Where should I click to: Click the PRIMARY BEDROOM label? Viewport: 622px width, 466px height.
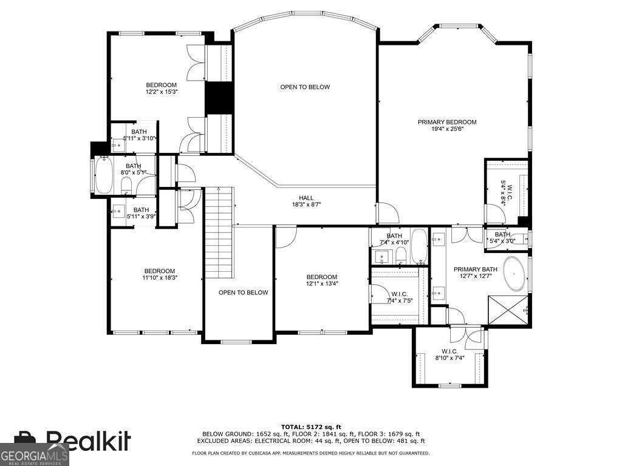pyautogui.click(x=446, y=122)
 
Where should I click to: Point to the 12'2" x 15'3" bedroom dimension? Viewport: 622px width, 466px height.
pyautogui.click(x=161, y=92)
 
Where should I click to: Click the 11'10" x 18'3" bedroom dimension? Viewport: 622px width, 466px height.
pyautogui.click(x=160, y=278)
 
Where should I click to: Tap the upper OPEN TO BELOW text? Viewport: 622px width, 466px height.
pyautogui.click(x=305, y=87)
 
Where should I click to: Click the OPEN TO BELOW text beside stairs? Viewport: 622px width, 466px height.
pyautogui.click(x=243, y=292)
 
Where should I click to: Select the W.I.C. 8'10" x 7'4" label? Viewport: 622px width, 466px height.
pyautogui.click(x=449, y=355)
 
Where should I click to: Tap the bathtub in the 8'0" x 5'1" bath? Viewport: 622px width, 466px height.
pyautogui.click(x=104, y=175)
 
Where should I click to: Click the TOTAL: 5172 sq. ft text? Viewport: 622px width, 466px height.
pyautogui.click(x=310, y=427)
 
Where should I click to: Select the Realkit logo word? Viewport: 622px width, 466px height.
pyautogui.click(x=88, y=441)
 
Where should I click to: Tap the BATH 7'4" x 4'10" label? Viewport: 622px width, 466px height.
pyautogui.click(x=394, y=239)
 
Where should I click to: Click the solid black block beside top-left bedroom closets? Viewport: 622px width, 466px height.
pyautogui.click(x=219, y=97)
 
